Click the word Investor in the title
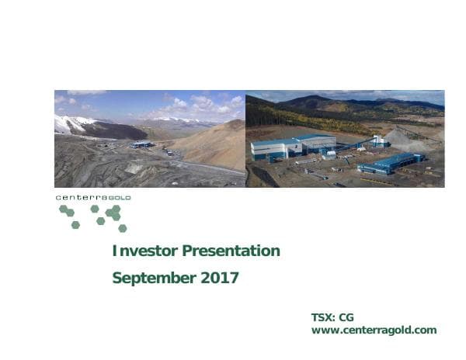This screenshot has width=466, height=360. [x=144, y=251]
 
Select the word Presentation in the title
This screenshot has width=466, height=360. [x=231, y=251]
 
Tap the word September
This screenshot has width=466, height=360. [x=154, y=279]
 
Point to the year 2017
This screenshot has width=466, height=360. [x=220, y=278]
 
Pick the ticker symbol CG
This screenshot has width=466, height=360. [x=346, y=317]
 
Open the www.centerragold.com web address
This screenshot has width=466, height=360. [x=374, y=331]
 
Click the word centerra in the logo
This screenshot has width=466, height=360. [x=82, y=198]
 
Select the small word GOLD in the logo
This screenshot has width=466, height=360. [x=119, y=198]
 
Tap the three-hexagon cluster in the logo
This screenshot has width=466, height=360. [x=113, y=213]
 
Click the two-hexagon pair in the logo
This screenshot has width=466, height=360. [x=67, y=211]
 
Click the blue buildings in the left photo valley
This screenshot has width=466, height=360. [x=142, y=145]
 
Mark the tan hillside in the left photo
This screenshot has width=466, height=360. [x=215, y=145]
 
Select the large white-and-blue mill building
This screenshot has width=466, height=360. [x=293, y=147]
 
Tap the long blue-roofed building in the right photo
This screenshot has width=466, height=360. [x=391, y=163]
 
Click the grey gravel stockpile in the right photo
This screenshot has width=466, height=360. [x=405, y=139]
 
